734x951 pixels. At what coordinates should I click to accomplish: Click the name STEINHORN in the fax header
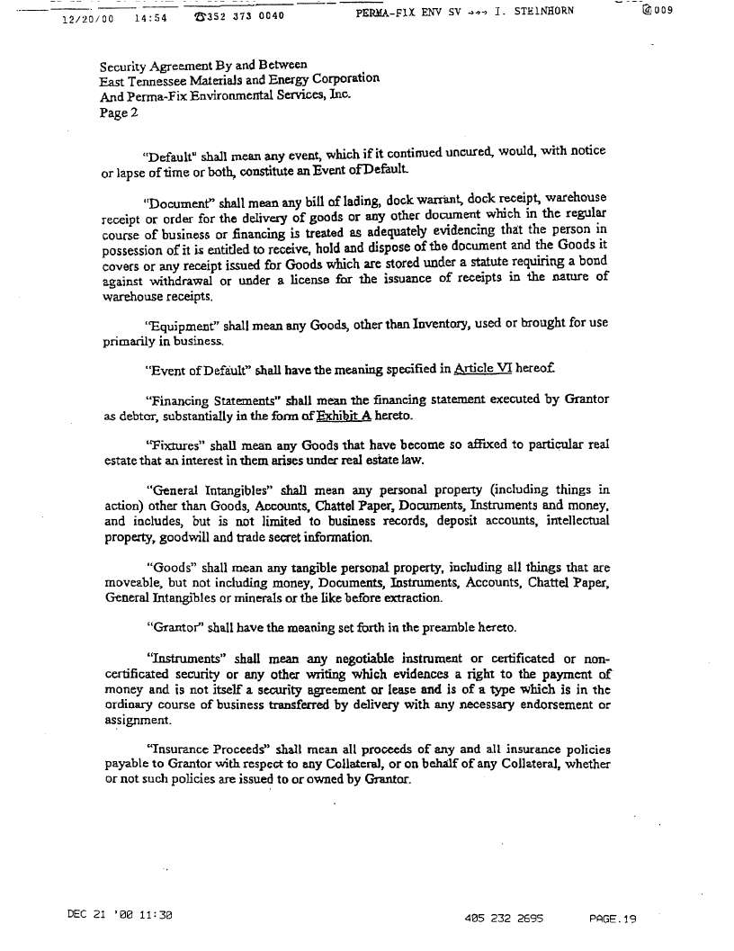[x=542, y=12]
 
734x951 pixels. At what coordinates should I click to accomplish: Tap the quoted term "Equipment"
[x=179, y=327]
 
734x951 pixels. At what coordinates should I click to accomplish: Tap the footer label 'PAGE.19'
[x=613, y=919]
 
